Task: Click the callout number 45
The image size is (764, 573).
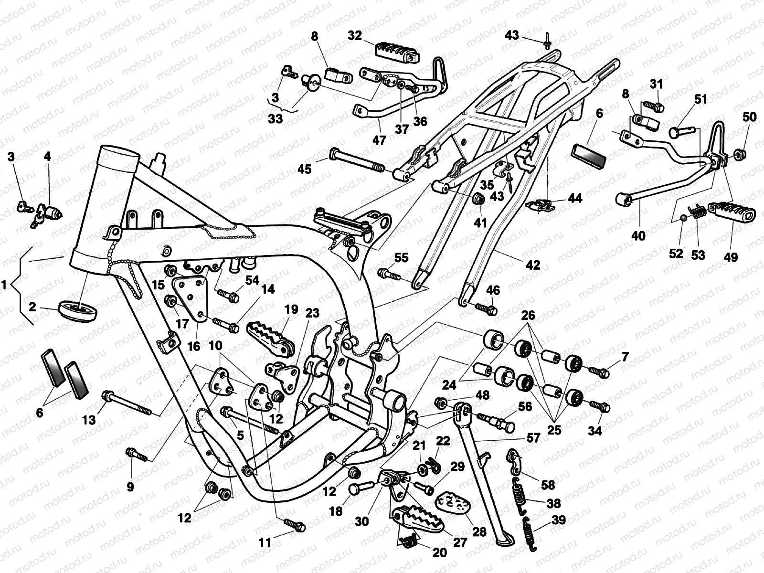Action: click(x=304, y=169)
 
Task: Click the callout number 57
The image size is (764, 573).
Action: click(x=533, y=437)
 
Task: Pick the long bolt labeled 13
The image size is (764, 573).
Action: click(x=127, y=403)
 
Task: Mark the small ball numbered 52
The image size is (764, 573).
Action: click(x=684, y=219)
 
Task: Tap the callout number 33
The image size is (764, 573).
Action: click(x=276, y=118)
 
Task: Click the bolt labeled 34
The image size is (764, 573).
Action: click(x=601, y=407)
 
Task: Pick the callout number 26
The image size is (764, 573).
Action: click(x=528, y=316)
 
